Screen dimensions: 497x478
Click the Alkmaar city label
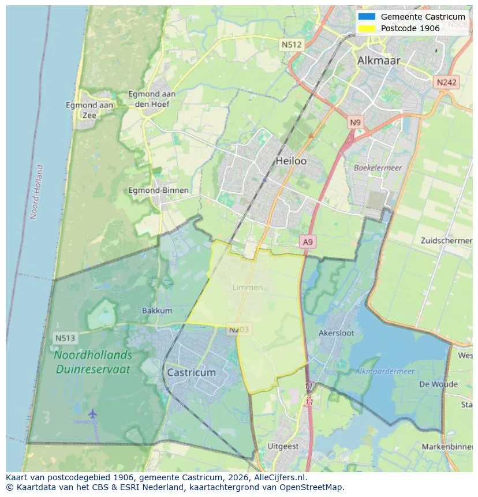[378, 61]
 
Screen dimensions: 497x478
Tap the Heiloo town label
[291, 160]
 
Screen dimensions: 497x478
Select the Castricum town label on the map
[191, 372]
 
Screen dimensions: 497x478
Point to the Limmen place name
[247, 287]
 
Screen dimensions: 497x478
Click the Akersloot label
[336, 333]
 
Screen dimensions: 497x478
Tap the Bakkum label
[157, 311]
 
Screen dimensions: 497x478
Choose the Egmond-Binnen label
[158, 190]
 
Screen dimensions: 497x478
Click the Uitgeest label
[283, 446]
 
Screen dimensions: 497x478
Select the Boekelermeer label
[378, 167]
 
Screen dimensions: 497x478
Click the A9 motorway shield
[308, 242]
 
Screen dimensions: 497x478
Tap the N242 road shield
[446, 82]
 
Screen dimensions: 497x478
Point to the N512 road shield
[292, 44]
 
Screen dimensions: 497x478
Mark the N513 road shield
[66, 338]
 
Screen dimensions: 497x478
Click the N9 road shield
[355, 122]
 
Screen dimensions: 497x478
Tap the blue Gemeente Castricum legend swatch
[367, 17]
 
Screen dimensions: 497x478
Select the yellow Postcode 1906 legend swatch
[367, 28]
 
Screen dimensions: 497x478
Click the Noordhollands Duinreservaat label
[92, 362]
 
